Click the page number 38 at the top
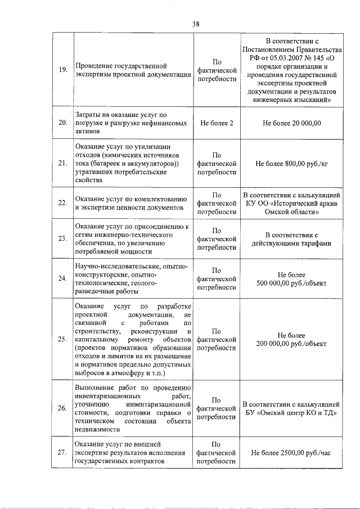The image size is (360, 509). pyautogui.click(x=195, y=24)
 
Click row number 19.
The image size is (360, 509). pyautogui.click(x=63, y=70)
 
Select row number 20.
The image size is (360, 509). pyautogui.click(x=63, y=123)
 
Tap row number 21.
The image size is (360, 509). pyautogui.click(x=63, y=163)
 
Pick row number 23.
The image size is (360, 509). pyautogui.click(x=63, y=238)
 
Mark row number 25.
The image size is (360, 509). pyautogui.click(x=63, y=339)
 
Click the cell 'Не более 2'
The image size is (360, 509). pyautogui.click(x=217, y=123)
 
